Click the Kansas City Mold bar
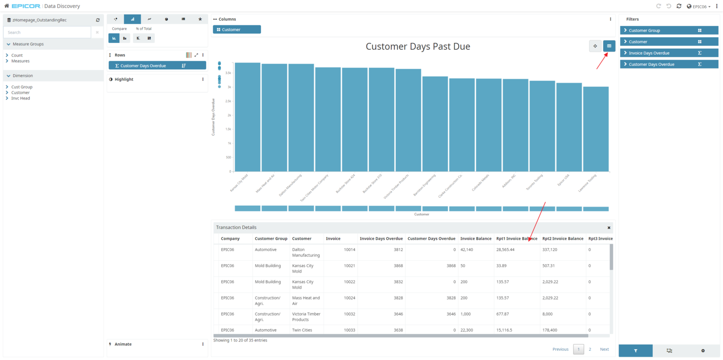247,117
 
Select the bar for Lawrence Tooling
595,129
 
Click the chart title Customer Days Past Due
418,46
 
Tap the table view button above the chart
609,46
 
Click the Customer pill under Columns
236,29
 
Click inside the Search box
47,32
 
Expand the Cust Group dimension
22,87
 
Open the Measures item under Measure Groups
21,61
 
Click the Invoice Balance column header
475,239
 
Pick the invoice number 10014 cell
349,250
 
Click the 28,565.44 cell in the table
505,250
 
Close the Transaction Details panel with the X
609,228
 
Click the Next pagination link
604,349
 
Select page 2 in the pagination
590,349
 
